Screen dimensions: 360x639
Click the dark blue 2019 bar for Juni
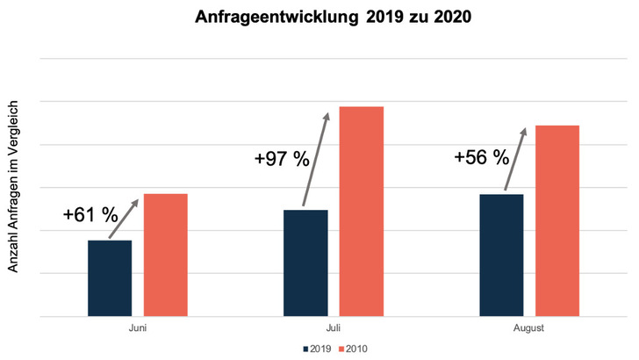click(x=110, y=277)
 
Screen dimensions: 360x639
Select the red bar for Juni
click(x=166, y=255)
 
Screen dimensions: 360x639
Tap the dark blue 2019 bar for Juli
click(x=305, y=263)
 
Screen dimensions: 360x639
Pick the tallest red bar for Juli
click(x=362, y=211)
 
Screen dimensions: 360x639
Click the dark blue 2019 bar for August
click(x=502, y=255)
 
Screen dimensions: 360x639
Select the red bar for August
click(x=557, y=220)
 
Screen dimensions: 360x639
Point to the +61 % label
click(x=90, y=214)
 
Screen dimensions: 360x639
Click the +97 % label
click(x=281, y=159)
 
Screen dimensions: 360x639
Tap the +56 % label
click(x=481, y=157)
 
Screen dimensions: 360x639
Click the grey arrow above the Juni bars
click(x=124, y=219)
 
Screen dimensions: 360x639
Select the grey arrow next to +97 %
click(x=316, y=159)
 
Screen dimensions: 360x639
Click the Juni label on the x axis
click(x=137, y=328)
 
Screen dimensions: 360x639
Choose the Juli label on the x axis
click(x=334, y=328)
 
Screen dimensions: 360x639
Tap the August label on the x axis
click(x=529, y=328)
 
